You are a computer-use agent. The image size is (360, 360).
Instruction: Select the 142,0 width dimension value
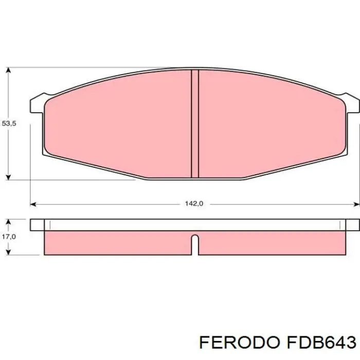tap(194, 204)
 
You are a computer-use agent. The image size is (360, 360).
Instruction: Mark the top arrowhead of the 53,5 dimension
tap(8, 71)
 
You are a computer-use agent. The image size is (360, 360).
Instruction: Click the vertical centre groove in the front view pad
tap(195, 123)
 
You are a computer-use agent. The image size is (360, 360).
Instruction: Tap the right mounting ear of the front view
tap(353, 103)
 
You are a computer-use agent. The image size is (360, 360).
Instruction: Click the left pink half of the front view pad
tap(118, 123)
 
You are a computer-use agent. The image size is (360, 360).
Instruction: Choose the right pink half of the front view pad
tap(273, 123)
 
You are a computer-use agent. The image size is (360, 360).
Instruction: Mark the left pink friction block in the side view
tap(118, 242)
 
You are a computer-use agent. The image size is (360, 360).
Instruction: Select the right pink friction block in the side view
tap(273, 242)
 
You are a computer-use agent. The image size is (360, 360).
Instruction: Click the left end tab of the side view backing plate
tap(38, 225)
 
